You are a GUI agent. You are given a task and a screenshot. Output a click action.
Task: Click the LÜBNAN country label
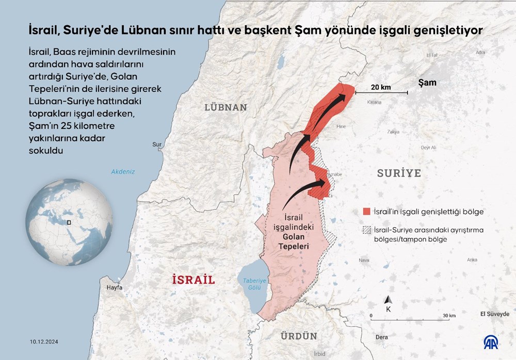pos(225,107)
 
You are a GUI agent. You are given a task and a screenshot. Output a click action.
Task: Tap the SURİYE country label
pos(399,173)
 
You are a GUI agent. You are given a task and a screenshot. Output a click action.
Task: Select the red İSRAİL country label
pos(192,280)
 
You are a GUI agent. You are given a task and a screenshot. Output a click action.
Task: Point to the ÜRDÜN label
pos(299,336)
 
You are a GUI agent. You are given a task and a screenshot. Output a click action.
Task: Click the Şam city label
pos(427,83)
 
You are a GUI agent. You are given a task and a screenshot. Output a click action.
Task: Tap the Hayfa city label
pos(114,287)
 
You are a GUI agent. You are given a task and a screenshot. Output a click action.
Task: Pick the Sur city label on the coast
pos(157,145)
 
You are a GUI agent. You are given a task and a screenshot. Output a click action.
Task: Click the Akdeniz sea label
pos(123,172)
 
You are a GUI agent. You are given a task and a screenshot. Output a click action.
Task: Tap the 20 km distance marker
pos(381,87)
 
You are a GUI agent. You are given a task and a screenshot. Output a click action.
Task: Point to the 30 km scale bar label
pos(448,316)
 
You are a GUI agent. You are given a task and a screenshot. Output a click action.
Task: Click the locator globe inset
pos(70,223)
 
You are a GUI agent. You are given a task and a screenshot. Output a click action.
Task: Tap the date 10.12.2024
pos(43,341)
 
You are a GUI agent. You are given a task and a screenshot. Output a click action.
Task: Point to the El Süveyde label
pos(494,314)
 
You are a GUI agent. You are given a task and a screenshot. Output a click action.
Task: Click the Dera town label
pos(382,337)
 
